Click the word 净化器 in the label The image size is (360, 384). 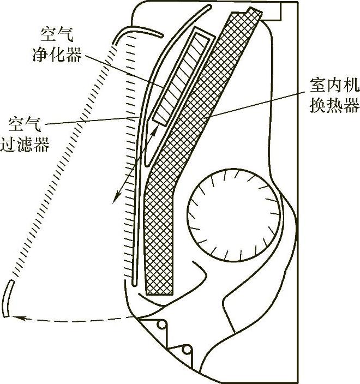(x=61, y=55)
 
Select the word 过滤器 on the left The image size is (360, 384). (x=33, y=147)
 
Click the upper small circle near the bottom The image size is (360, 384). (x=162, y=325)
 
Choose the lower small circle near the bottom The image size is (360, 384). (x=187, y=349)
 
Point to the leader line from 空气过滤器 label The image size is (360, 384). (x=98, y=122)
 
